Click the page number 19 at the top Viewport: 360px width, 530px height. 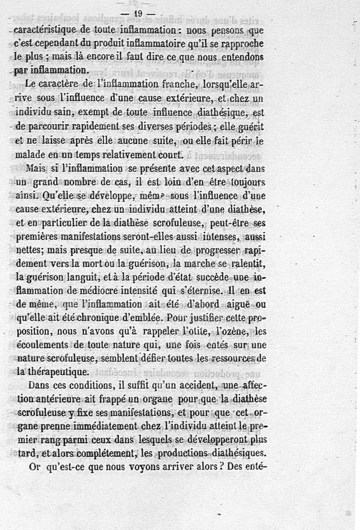click(x=138, y=14)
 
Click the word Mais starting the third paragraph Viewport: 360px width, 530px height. click(x=36, y=169)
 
